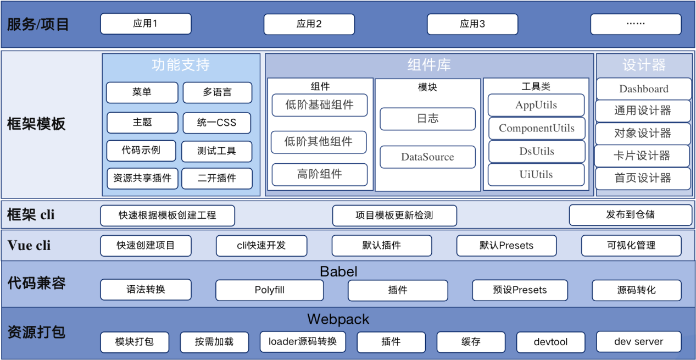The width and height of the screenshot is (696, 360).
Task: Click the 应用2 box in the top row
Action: tap(309, 24)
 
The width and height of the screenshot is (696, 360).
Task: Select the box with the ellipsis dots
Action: tap(636, 24)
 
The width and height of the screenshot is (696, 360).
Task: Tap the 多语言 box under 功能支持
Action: tap(217, 92)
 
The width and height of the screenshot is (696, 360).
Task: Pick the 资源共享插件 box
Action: tap(142, 178)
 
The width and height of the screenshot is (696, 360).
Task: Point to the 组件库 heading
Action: tap(429, 65)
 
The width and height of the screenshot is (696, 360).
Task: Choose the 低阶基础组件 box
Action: tap(319, 104)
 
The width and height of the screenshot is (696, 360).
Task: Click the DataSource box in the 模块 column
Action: tap(427, 157)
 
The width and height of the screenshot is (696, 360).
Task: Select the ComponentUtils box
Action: tap(537, 128)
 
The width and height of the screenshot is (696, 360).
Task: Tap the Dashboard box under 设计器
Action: tap(643, 89)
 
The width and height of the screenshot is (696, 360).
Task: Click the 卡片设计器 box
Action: tap(642, 156)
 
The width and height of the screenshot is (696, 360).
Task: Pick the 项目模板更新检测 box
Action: tap(394, 215)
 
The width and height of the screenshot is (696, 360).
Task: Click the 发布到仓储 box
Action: tap(630, 215)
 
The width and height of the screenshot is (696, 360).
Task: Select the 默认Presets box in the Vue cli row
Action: tap(506, 246)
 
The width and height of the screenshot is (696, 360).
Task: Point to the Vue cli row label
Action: tap(29, 245)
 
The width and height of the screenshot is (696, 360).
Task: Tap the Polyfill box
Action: tap(269, 290)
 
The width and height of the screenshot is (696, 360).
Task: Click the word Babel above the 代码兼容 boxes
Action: tap(338, 272)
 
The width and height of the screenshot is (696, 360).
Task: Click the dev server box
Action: tap(638, 341)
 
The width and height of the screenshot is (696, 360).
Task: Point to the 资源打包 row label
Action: tap(36, 332)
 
